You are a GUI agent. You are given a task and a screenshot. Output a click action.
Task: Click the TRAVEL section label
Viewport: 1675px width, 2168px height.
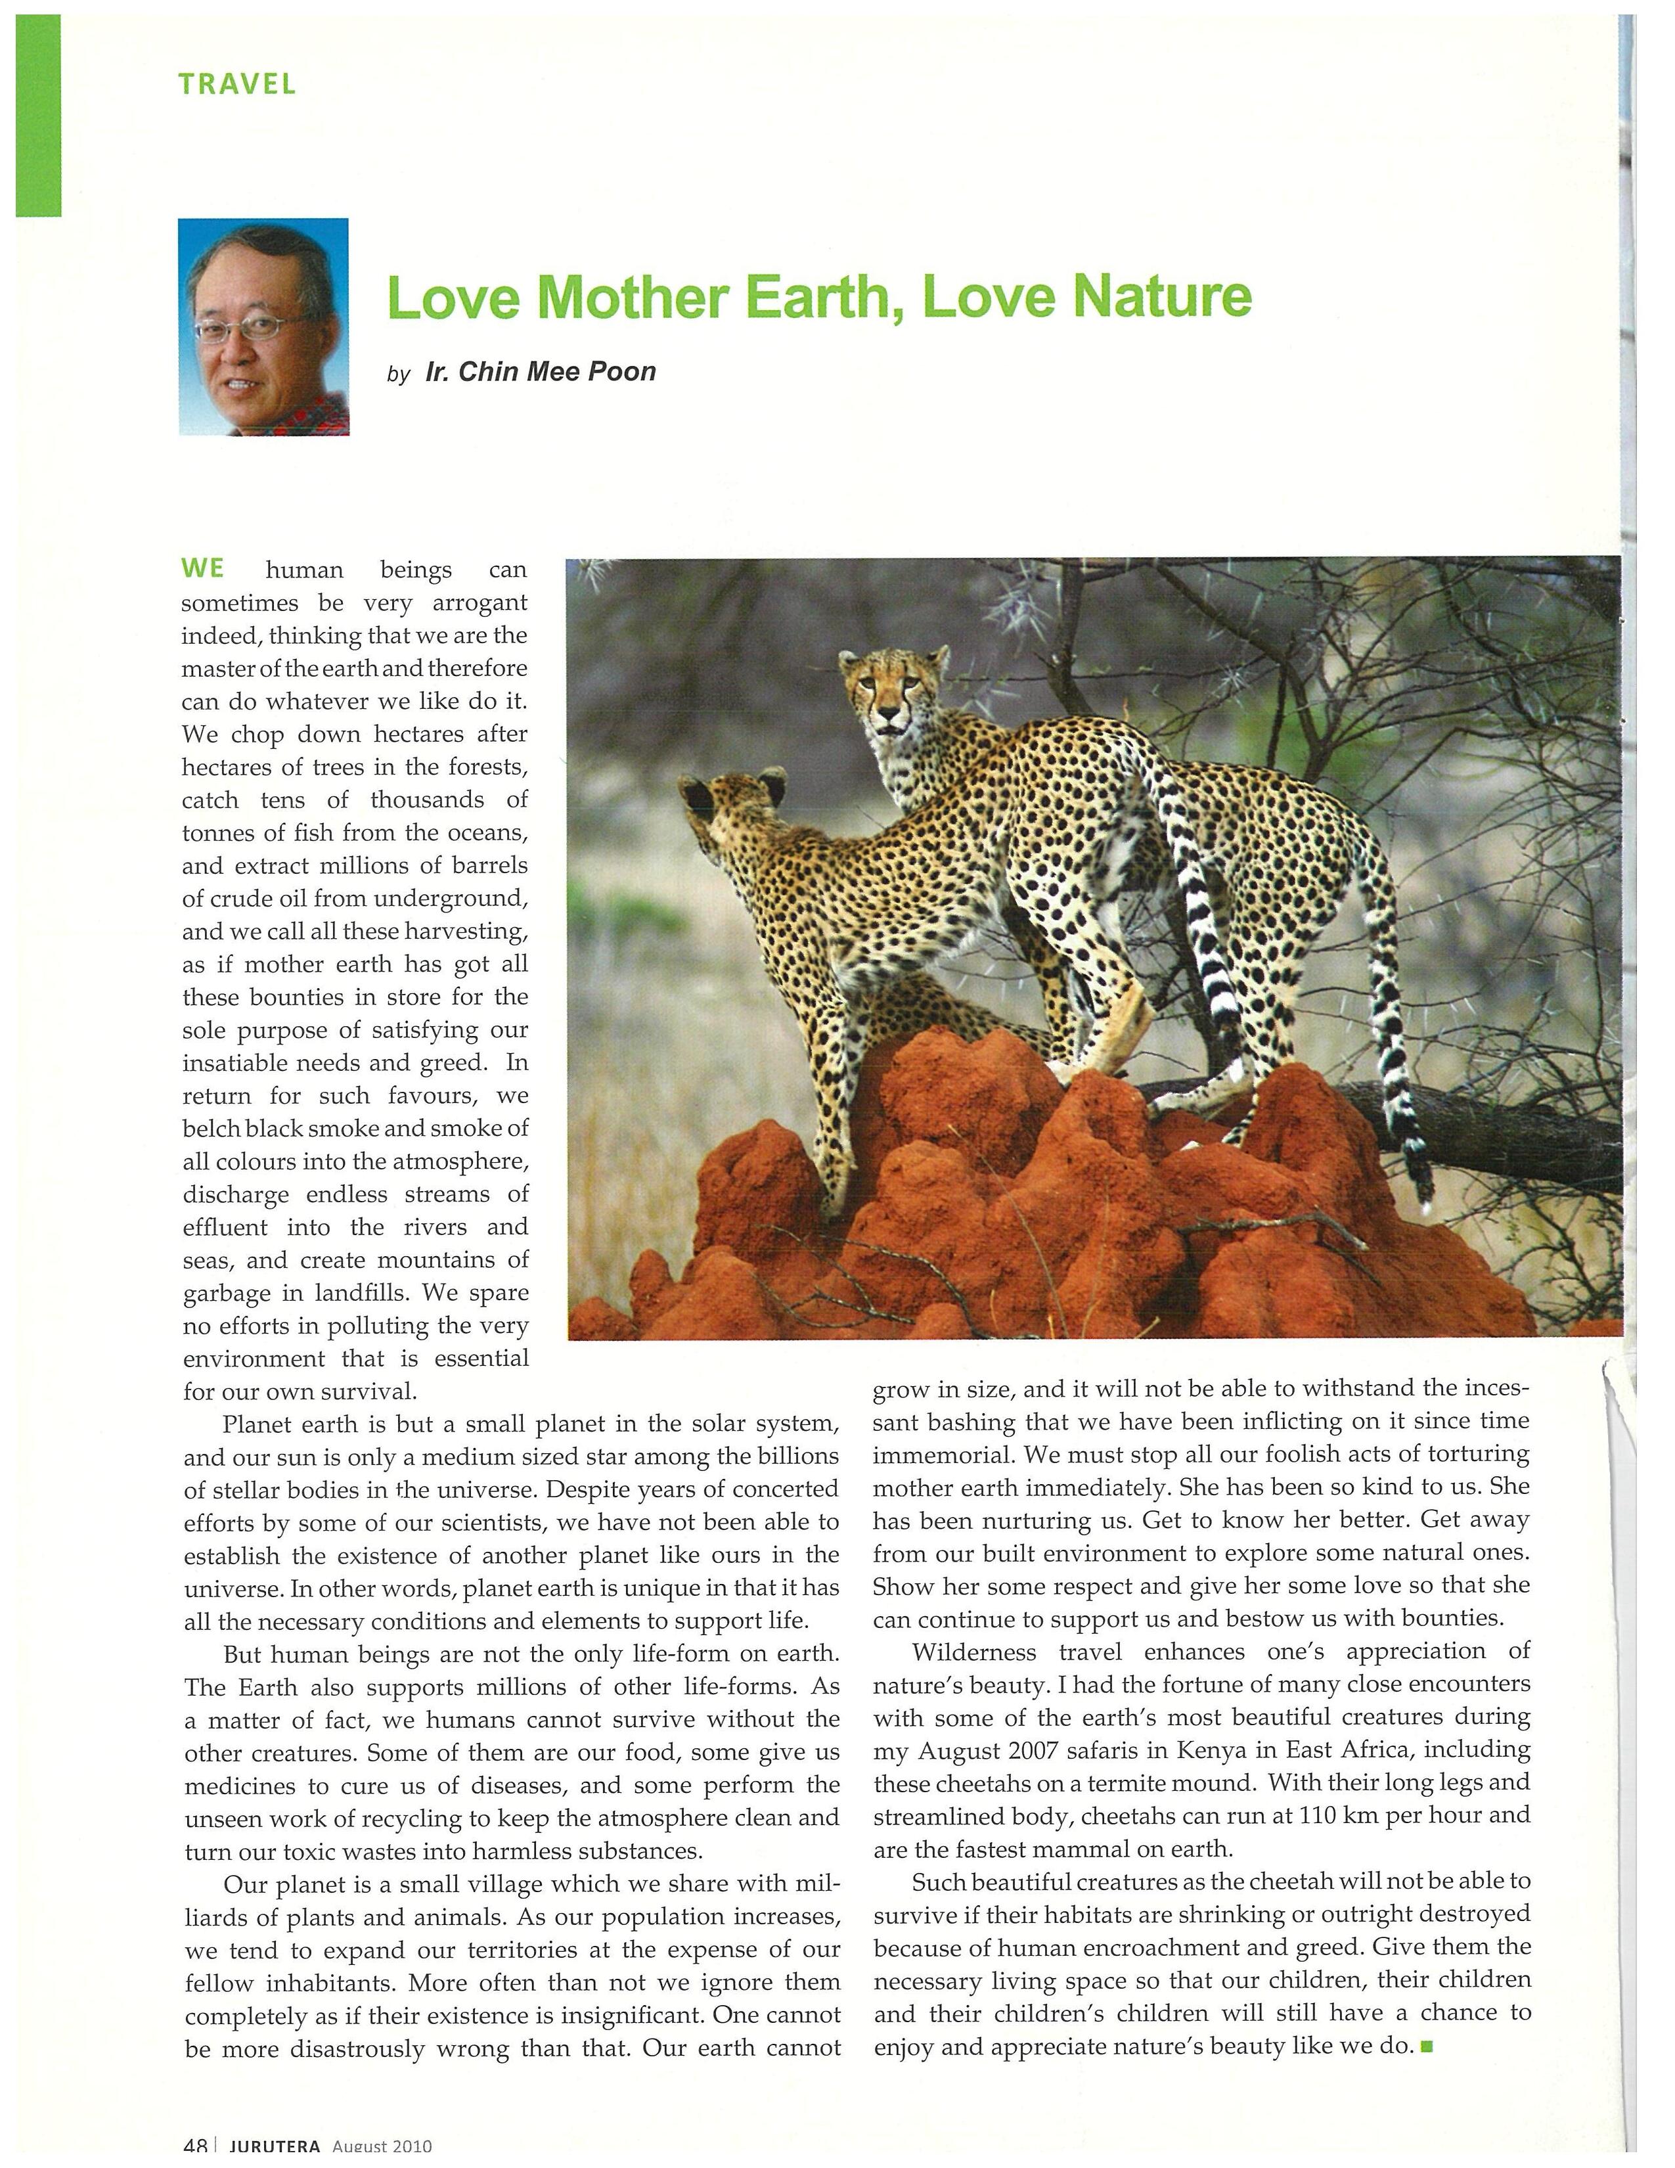[237, 84]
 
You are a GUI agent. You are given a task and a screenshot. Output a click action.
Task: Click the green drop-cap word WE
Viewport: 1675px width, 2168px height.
[202, 569]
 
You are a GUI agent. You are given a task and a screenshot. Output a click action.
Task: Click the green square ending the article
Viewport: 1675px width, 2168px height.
[1427, 2046]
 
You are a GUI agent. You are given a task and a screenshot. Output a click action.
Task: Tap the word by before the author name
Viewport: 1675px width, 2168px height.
[398, 375]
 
